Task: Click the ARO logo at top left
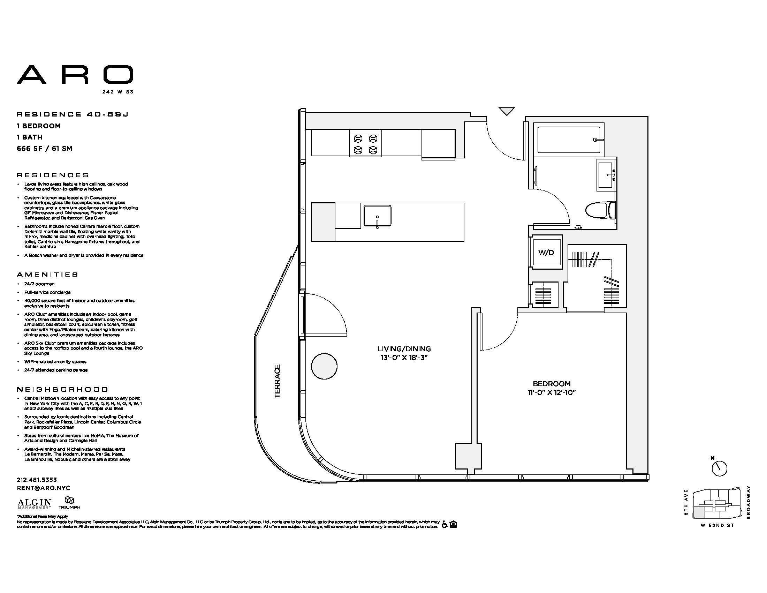(x=75, y=75)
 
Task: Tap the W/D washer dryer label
(x=546, y=253)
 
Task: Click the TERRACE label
(x=278, y=381)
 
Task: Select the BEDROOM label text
(x=552, y=384)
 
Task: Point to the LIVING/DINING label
(x=404, y=349)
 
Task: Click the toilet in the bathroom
(x=601, y=210)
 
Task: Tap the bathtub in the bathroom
(x=569, y=140)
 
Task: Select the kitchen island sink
(x=377, y=216)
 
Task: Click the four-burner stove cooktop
(x=366, y=143)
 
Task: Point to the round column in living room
(x=324, y=366)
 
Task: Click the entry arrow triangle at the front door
(x=507, y=111)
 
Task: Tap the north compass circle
(x=719, y=468)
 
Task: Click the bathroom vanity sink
(x=606, y=175)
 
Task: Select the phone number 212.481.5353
(x=37, y=480)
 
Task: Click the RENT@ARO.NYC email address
(x=44, y=488)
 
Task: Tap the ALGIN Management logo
(x=35, y=504)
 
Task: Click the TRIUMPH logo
(x=69, y=503)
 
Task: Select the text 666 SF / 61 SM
(x=45, y=149)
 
